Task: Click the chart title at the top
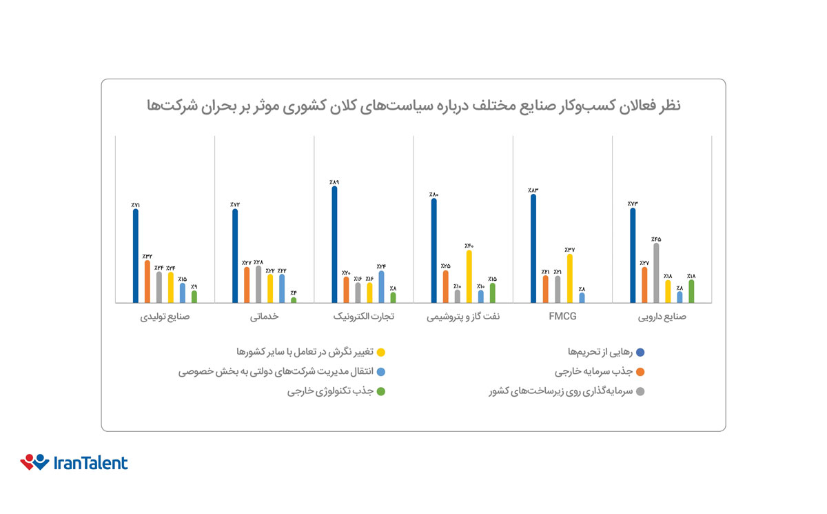pyautogui.click(x=413, y=106)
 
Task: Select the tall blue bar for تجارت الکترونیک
pyautogui.click(x=335, y=244)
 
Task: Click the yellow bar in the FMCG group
pyautogui.click(x=569, y=278)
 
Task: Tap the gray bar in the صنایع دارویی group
pyautogui.click(x=656, y=273)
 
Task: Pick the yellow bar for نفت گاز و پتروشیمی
pyautogui.click(x=469, y=276)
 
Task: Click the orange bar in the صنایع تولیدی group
pyautogui.click(x=147, y=281)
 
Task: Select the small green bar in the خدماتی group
pyautogui.click(x=294, y=300)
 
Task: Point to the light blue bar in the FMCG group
pyautogui.click(x=582, y=297)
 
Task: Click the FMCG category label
pyautogui.click(x=563, y=317)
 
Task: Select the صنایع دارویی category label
pyautogui.click(x=662, y=317)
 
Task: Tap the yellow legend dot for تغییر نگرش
pyautogui.click(x=381, y=352)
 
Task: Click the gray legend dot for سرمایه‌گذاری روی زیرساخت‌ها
pyautogui.click(x=640, y=392)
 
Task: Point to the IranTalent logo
pyautogui.click(x=74, y=462)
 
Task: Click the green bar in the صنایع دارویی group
pyautogui.click(x=692, y=291)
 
